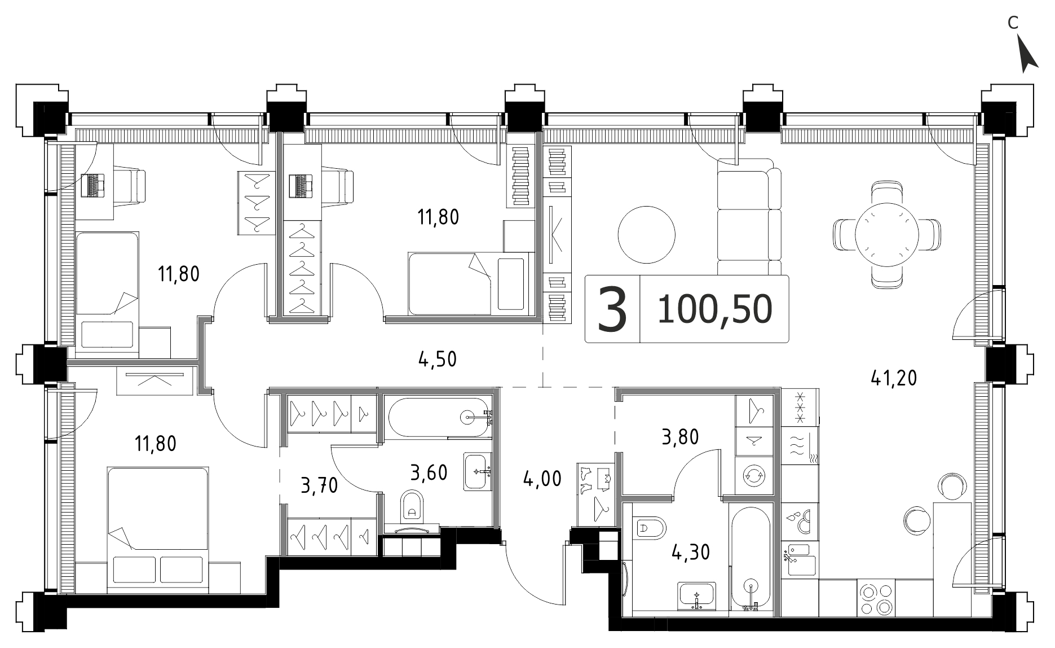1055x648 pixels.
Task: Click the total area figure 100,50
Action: click(x=714, y=309)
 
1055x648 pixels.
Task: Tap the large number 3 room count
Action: click(x=612, y=309)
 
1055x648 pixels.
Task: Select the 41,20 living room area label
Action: click(x=894, y=378)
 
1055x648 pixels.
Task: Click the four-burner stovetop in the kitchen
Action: click(x=877, y=598)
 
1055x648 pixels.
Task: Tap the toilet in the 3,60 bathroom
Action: click(x=413, y=506)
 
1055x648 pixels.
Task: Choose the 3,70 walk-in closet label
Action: click(x=319, y=485)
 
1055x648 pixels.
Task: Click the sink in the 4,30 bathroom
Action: click(x=698, y=596)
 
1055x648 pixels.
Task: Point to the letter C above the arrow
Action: click(x=1013, y=38)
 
